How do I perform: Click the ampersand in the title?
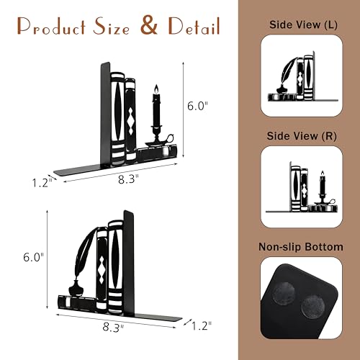(149, 25)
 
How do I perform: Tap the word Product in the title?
(52, 27)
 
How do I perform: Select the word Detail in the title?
(194, 26)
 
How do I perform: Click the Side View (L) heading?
(303, 24)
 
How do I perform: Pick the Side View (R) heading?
(302, 136)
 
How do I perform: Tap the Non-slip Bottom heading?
(301, 247)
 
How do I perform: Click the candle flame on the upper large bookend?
(156, 89)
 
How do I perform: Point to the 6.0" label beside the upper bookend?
(197, 106)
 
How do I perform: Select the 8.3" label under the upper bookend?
(128, 179)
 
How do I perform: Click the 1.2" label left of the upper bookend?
(42, 184)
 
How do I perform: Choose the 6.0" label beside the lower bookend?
(34, 257)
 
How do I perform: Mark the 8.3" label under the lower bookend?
(113, 327)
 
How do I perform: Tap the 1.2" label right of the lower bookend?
(202, 325)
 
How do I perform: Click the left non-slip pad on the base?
(284, 294)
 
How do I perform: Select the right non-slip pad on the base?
(313, 307)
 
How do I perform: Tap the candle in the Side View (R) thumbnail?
(323, 184)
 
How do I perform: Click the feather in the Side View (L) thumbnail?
(289, 71)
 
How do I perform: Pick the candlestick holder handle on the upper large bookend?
(170, 139)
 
